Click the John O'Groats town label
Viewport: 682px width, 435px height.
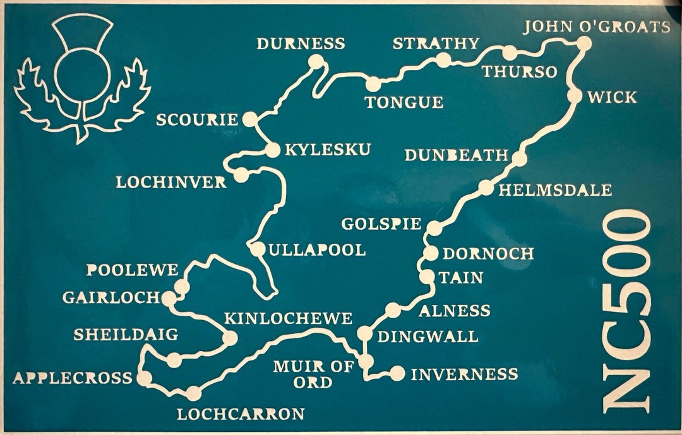597,27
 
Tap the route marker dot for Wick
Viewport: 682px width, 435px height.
575,96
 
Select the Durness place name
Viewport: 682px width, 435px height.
301,44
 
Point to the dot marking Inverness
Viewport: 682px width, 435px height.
397,374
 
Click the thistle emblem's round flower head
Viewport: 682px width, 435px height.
81,73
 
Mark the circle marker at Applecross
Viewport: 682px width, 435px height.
145,378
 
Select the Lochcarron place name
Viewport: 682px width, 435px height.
240,414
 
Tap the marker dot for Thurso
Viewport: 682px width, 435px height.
509,53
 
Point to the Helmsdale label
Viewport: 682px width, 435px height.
555,190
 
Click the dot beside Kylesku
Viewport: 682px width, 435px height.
272,150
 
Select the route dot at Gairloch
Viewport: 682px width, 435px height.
169,299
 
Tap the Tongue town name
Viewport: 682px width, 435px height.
404,102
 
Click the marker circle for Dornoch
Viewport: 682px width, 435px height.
430,253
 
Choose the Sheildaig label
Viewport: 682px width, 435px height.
126,335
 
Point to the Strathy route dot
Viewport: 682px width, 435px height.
443,60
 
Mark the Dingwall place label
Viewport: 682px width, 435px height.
427,336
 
